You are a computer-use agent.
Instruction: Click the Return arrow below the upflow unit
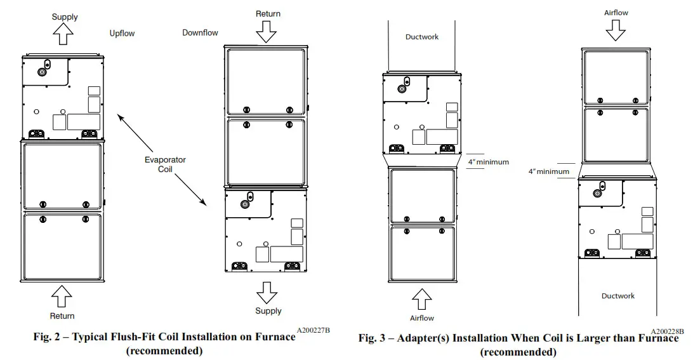[62, 296]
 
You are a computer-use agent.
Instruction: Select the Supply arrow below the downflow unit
[267, 291]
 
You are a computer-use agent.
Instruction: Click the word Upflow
[122, 33]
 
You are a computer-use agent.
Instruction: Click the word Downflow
[200, 32]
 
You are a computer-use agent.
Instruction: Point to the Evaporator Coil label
[165, 164]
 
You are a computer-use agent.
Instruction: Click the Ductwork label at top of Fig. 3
[421, 37]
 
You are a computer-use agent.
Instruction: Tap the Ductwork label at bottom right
[617, 296]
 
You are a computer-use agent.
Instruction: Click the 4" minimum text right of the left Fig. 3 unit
[488, 162]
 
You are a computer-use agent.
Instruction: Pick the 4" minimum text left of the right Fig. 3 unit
[548, 171]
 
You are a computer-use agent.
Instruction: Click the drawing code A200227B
[313, 330]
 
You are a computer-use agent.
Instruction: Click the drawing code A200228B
[667, 331]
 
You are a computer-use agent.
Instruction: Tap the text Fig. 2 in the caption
[46, 337]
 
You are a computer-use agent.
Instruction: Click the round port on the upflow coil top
[42, 72]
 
